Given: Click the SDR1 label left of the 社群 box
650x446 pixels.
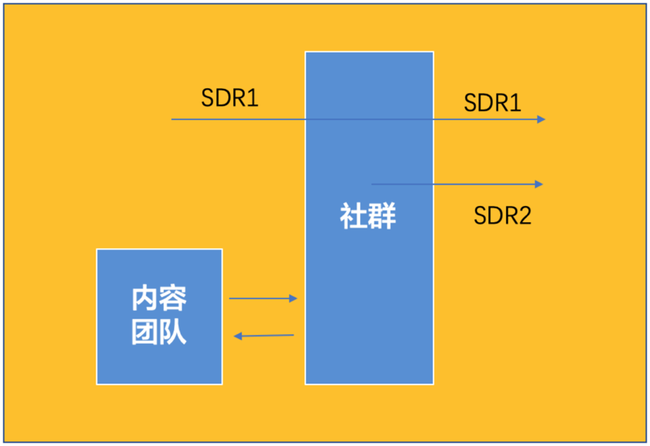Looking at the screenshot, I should [x=230, y=98].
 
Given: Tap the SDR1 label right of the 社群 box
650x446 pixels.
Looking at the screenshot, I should [x=492, y=103].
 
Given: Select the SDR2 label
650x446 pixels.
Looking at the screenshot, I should [x=502, y=215].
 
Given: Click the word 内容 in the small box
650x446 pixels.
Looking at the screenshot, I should [x=159, y=299].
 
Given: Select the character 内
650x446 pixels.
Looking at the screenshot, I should [x=145, y=299].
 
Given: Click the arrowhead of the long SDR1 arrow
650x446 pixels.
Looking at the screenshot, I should [x=541, y=119].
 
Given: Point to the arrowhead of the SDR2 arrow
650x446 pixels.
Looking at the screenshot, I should [x=539, y=184].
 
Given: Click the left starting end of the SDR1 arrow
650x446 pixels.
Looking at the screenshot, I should [x=173, y=119].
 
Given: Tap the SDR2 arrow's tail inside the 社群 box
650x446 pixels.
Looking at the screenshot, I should [x=373, y=184].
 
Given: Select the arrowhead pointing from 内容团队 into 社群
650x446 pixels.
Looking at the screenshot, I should [x=293, y=298].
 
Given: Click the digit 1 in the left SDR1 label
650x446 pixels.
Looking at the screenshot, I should [x=253, y=98].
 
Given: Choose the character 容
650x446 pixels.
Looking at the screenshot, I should [x=173, y=299].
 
